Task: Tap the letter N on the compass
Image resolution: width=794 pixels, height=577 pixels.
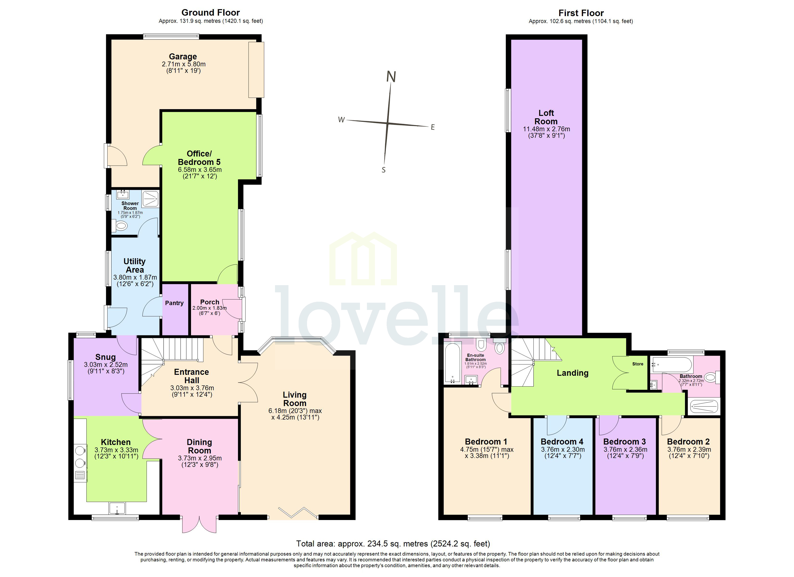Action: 391,77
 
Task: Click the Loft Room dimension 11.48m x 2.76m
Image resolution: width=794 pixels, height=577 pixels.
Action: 546,129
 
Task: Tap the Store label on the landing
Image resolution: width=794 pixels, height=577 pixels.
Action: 638,364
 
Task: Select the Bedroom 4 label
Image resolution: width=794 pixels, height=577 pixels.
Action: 562,442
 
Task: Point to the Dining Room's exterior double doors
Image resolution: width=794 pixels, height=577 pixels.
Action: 199,524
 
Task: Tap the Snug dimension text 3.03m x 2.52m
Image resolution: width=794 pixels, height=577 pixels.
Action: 106,365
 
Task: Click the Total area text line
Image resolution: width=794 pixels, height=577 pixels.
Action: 393,543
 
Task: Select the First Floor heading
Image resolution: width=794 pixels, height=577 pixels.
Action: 581,13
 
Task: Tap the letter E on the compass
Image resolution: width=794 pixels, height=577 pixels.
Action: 433,127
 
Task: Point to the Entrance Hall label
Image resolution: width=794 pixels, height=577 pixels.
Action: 192,376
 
